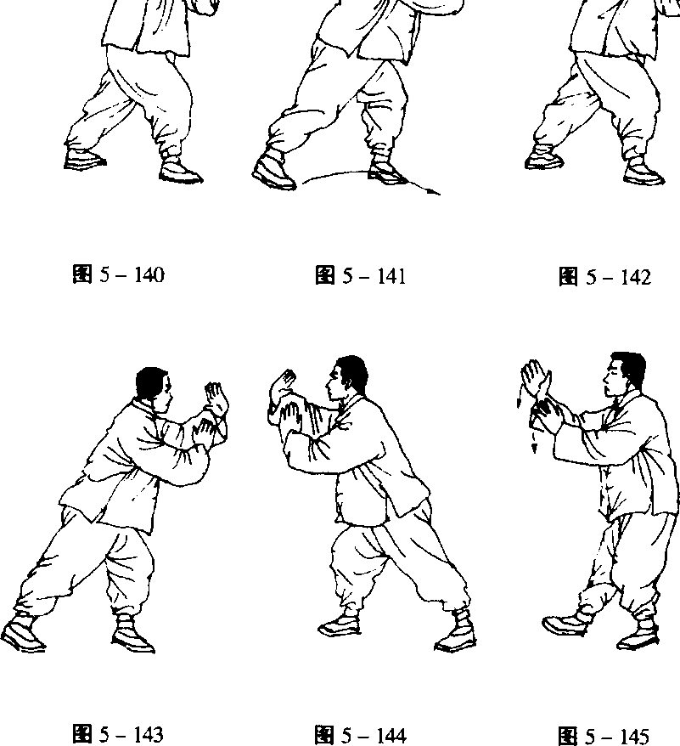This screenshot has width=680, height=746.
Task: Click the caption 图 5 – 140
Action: click(118, 274)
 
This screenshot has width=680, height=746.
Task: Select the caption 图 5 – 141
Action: click(361, 275)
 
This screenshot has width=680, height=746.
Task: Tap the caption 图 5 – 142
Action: click(604, 276)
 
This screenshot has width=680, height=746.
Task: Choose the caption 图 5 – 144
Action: click(361, 735)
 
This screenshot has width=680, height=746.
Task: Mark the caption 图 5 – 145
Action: click(604, 736)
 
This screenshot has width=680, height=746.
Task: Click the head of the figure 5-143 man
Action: click(154, 387)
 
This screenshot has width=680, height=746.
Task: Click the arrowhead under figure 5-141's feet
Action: click(434, 192)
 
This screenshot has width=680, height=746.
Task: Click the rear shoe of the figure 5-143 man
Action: click(23, 633)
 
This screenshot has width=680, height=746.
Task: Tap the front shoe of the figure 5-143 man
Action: click(133, 636)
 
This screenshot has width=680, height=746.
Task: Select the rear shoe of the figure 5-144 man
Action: click(455, 632)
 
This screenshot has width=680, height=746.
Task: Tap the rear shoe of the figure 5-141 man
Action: click(273, 170)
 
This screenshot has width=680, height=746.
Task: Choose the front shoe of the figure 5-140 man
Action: click(181, 172)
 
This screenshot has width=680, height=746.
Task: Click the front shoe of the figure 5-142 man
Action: click(643, 172)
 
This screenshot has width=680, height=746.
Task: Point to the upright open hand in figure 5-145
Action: click(536, 378)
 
